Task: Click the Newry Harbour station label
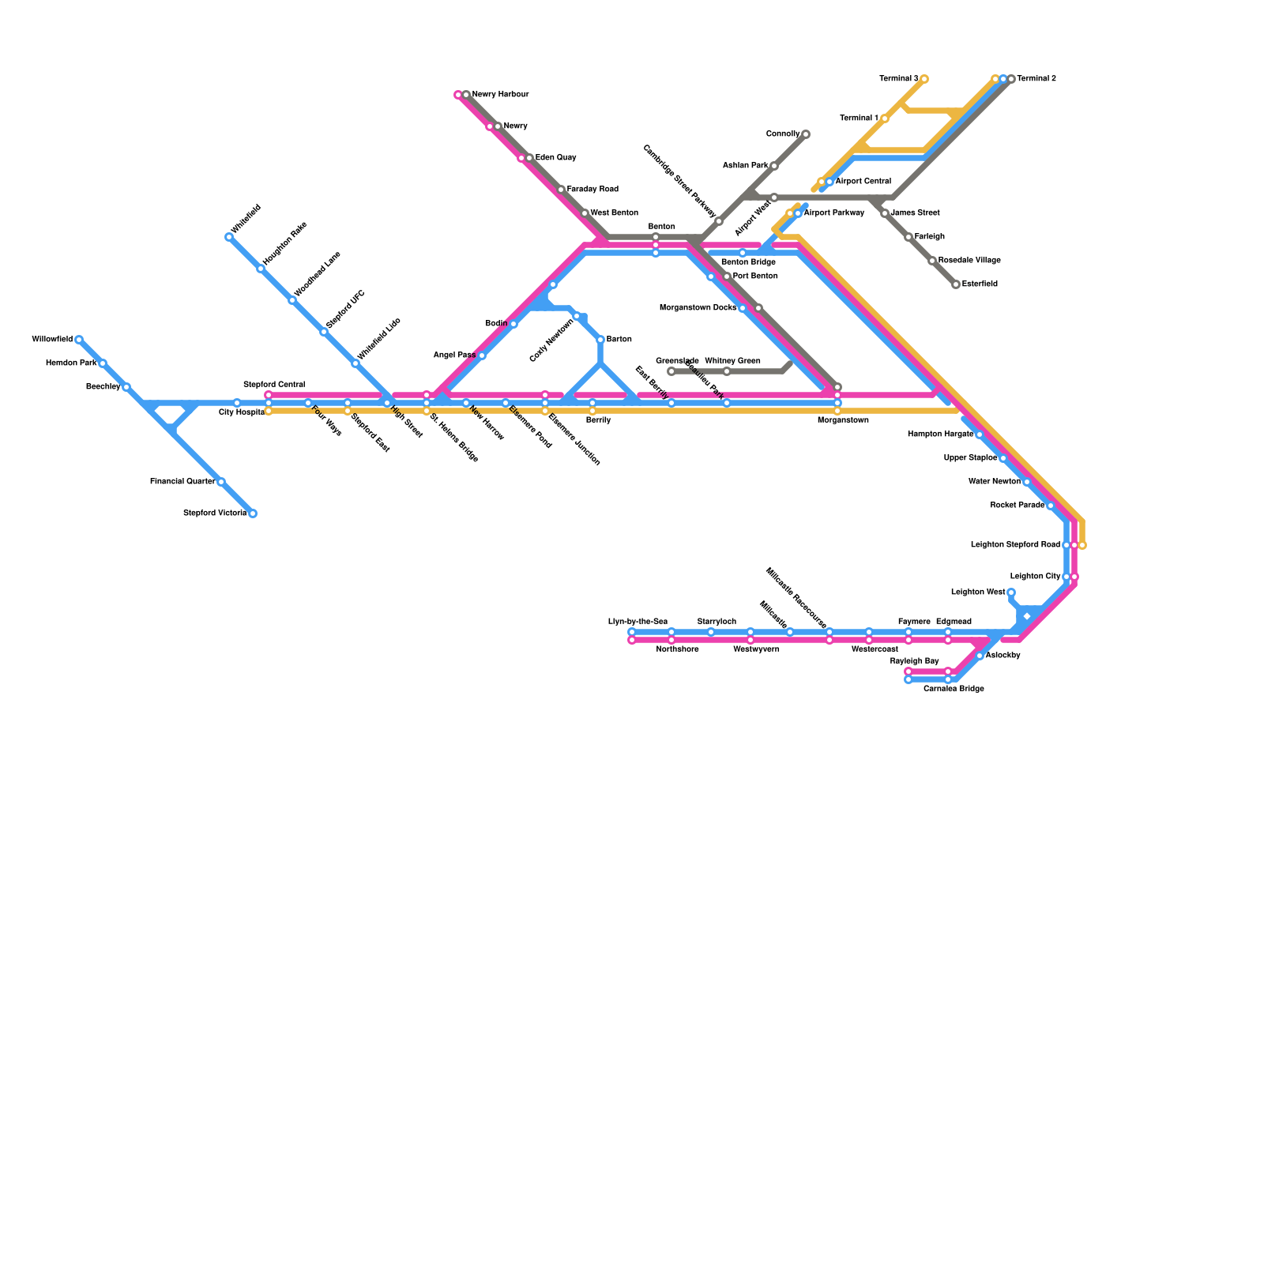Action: tap(500, 95)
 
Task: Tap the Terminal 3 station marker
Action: tap(924, 79)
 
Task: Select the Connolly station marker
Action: tap(805, 134)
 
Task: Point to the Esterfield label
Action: tap(980, 284)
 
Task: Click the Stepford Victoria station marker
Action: tap(253, 513)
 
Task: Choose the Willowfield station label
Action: tap(52, 340)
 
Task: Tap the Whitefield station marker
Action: tap(229, 237)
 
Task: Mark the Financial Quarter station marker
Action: tap(221, 482)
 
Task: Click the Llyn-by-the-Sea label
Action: tap(638, 622)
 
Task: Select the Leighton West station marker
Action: tap(1010, 592)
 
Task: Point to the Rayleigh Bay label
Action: tap(914, 661)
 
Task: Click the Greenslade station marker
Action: tap(671, 371)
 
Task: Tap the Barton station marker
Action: tap(600, 340)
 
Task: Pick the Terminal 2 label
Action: tap(1036, 79)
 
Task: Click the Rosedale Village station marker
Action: tap(932, 261)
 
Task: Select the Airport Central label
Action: tap(863, 182)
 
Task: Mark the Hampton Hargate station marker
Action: tap(979, 434)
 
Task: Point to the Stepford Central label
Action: tap(274, 385)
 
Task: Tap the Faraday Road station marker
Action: tap(561, 190)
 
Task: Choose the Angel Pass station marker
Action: tap(482, 355)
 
